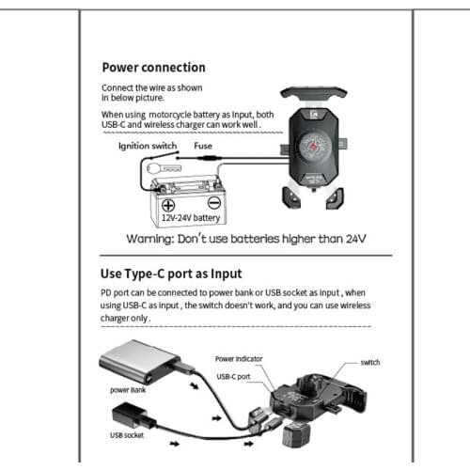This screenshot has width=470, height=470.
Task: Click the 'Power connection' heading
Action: (x=153, y=68)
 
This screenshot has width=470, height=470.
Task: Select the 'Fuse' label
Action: (x=203, y=147)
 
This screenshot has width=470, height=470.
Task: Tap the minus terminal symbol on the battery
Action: (x=213, y=203)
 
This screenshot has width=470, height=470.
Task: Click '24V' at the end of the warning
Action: (x=352, y=239)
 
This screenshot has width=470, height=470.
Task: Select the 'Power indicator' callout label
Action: (x=237, y=358)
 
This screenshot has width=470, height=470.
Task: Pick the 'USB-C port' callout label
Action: (x=233, y=376)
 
